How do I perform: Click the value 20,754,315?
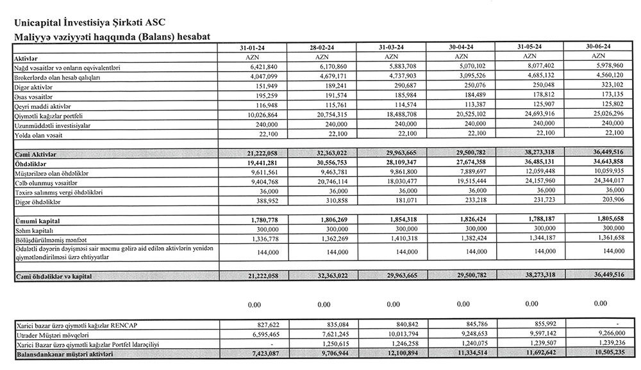coord(333,116)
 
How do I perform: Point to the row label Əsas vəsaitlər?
coord(33,97)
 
